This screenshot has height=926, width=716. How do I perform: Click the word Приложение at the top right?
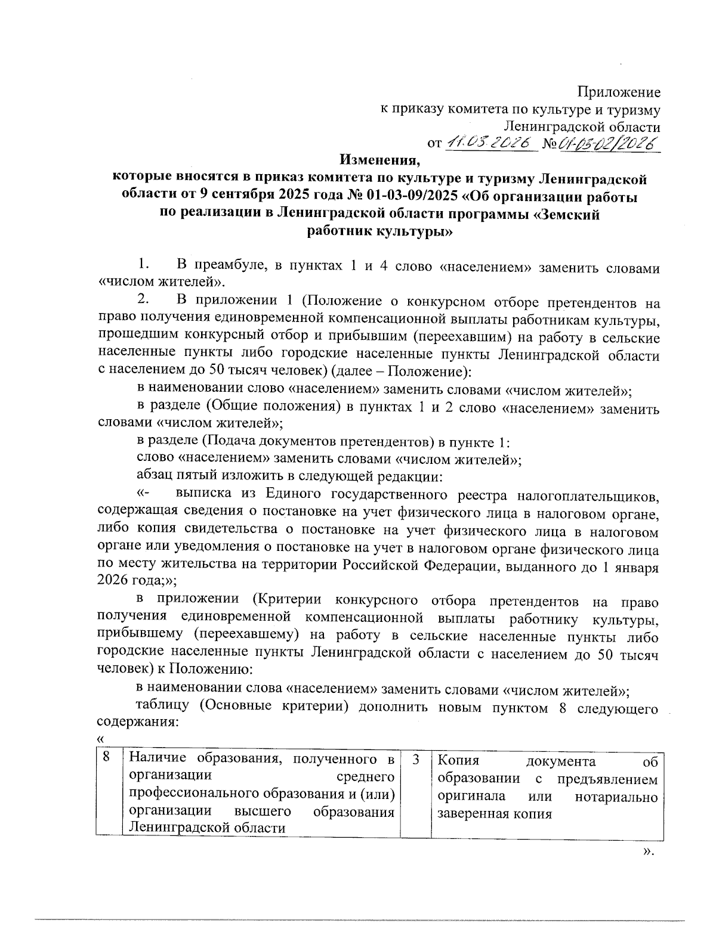click(x=619, y=92)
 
